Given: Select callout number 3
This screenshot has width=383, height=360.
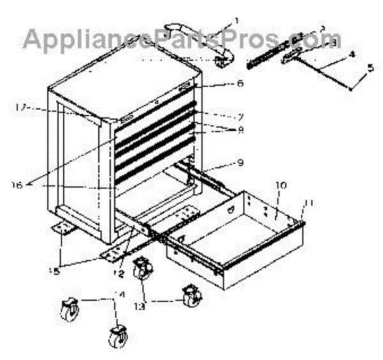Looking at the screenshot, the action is click(323, 28).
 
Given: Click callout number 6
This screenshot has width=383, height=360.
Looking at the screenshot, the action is click(222, 83).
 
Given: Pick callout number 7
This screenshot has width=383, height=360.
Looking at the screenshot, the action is click(222, 117).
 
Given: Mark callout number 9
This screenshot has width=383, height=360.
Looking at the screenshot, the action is click(222, 163).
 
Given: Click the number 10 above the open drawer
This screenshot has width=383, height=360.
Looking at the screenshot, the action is click(282, 185).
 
